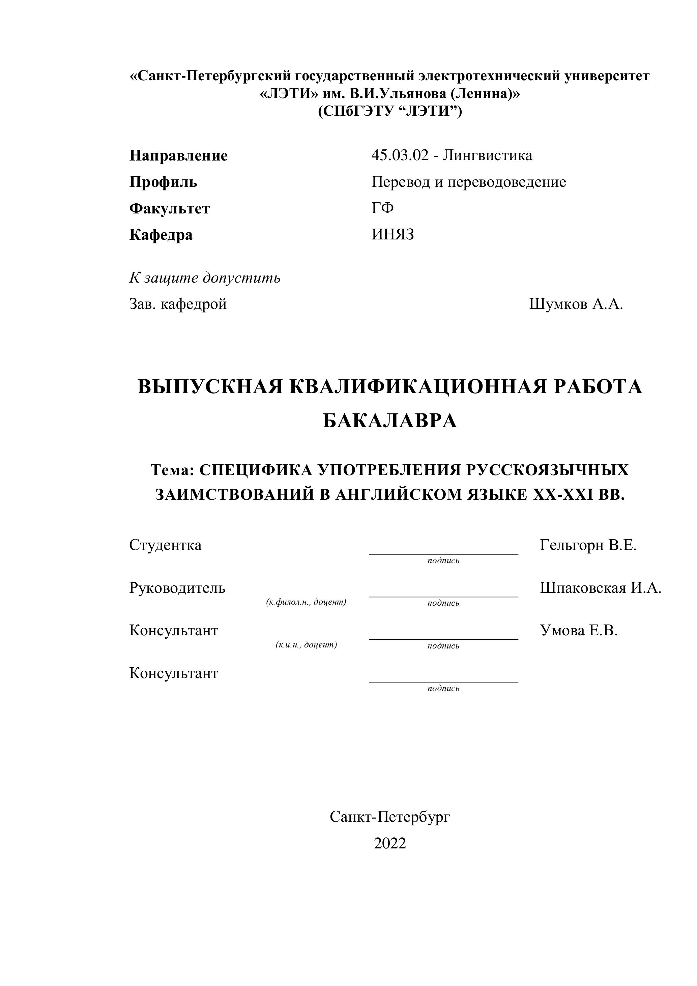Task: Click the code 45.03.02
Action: coord(400,155)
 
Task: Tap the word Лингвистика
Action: coord(487,155)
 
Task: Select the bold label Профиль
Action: coord(163,182)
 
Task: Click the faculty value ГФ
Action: coord(382,208)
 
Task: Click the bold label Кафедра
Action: coord(161,235)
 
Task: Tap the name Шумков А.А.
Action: coord(576,304)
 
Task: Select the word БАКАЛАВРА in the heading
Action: coord(389,421)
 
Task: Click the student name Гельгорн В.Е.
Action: coord(588,545)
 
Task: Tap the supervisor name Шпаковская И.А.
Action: coord(600,587)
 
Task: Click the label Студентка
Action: coord(165,545)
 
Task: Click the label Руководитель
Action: coord(177,587)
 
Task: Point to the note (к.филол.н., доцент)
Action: coord(306,602)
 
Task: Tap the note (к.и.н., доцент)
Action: coord(306,645)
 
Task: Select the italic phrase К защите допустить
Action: coord(205,278)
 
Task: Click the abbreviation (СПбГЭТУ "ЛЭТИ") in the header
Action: coord(389,111)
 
